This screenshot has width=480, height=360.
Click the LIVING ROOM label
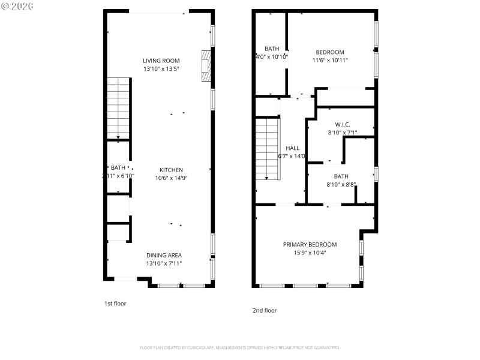pyautogui.click(x=161, y=61)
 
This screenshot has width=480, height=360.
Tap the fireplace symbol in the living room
pyautogui.click(x=206, y=65)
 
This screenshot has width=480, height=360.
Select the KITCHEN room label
pyautogui.click(x=171, y=170)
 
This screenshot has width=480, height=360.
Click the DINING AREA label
pyautogui.click(x=164, y=255)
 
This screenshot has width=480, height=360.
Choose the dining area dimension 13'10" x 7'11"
pyautogui.click(x=164, y=263)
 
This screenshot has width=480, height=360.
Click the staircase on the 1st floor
pyautogui.click(x=119, y=108)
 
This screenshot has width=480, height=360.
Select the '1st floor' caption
pyautogui.click(x=115, y=304)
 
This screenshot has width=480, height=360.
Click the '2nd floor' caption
pyautogui.click(x=265, y=310)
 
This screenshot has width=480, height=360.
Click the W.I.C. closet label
pyautogui.click(x=342, y=124)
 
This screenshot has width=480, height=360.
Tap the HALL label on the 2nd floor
pyautogui.click(x=292, y=148)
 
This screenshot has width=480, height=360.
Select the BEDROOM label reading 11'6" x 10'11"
pyautogui.click(x=329, y=52)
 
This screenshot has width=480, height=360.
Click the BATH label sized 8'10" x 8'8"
pyautogui.click(x=341, y=176)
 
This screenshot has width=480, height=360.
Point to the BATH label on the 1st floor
pyautogui.click(x=118, y=168)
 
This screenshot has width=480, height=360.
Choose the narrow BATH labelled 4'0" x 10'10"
pyautogui.click(x=271, y=49)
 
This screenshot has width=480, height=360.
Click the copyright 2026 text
pyautogui.click(x=17, y=5)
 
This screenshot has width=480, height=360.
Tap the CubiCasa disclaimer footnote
pyautogui.click(x=240, y=348)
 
